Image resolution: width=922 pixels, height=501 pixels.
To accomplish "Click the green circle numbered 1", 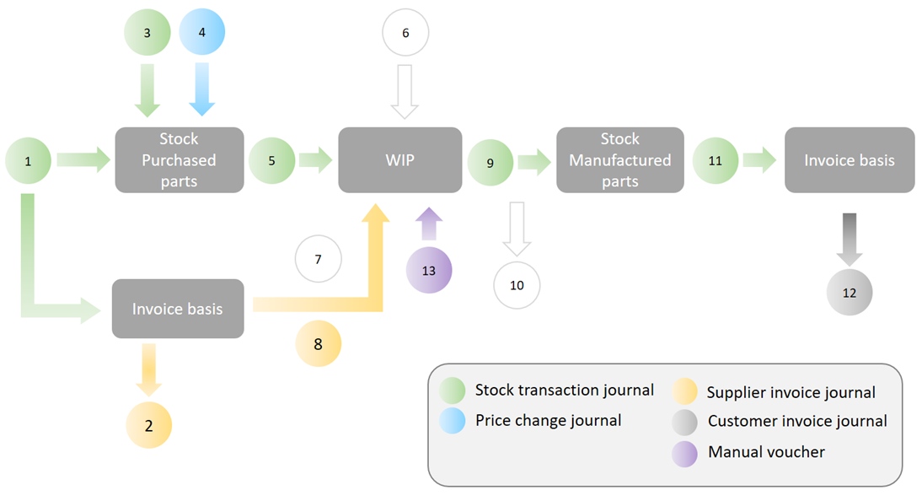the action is tap(28, 161).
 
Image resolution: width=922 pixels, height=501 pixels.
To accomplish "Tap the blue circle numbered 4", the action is tap(201, 32).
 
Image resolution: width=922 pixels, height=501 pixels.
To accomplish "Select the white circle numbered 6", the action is tap(405, 32).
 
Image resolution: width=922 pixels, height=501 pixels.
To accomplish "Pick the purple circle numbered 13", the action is tap(429, 270).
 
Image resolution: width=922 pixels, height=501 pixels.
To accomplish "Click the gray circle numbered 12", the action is tap(849, 292).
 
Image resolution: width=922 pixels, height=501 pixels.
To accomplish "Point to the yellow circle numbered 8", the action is tap(318, 344).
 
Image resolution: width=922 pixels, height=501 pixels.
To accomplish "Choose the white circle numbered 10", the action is tap(517, 286).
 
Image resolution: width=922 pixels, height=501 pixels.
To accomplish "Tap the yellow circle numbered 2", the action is tap(149, 425).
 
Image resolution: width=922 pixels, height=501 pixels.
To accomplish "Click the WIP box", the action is tap(399, 160).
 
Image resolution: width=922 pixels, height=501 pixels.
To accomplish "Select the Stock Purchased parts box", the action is tap(180, 160).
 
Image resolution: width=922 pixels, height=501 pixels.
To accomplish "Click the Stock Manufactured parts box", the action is tap(620, 160).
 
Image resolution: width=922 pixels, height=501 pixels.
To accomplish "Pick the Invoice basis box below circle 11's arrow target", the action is tap(850, 160).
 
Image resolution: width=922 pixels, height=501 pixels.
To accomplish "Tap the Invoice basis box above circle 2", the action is tap(178, 309).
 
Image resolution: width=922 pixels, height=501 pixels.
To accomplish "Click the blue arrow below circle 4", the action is tap(201, 89).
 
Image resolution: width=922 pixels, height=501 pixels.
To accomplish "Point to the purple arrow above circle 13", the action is tap(429, 224).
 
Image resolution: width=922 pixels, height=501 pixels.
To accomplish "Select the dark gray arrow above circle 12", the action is tap(849, 239).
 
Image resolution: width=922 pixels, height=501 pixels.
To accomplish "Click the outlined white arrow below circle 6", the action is tap(405, 92).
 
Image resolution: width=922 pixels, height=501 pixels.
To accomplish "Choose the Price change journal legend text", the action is tap(548, 420).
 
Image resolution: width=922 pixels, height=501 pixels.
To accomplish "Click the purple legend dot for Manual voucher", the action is tap(684, 454).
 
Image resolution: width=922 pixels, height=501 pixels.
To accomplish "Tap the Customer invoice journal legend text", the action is tap(797, 421).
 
